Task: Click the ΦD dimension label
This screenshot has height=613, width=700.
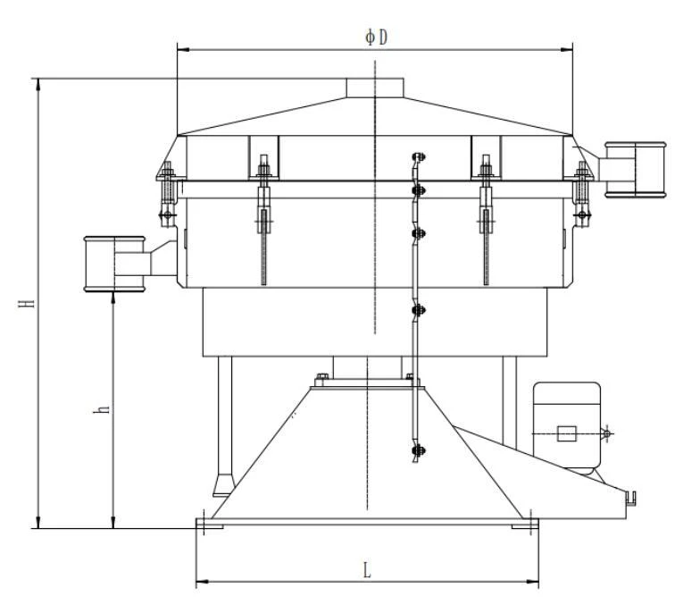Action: pos(376,37)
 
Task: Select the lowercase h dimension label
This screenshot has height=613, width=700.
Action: pos(104,408)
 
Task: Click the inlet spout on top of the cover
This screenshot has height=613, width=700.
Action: pos(375,87)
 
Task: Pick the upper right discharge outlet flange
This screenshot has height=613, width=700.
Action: pos(635,169)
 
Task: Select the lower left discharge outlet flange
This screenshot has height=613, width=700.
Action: pos(114,263)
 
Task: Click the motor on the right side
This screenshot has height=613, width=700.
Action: pos(567,424)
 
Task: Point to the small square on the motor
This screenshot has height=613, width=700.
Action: pos(566,434)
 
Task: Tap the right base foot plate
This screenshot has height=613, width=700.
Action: pos(525,526)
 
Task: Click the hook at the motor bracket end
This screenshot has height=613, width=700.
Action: pos(630,493)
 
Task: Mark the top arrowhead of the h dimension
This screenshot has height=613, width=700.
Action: pos(113,297)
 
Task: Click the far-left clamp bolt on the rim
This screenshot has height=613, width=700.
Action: pos(166,192)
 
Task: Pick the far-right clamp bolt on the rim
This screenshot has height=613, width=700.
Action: pos(583,192)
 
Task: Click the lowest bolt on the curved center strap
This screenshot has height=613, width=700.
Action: pos(417,451)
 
